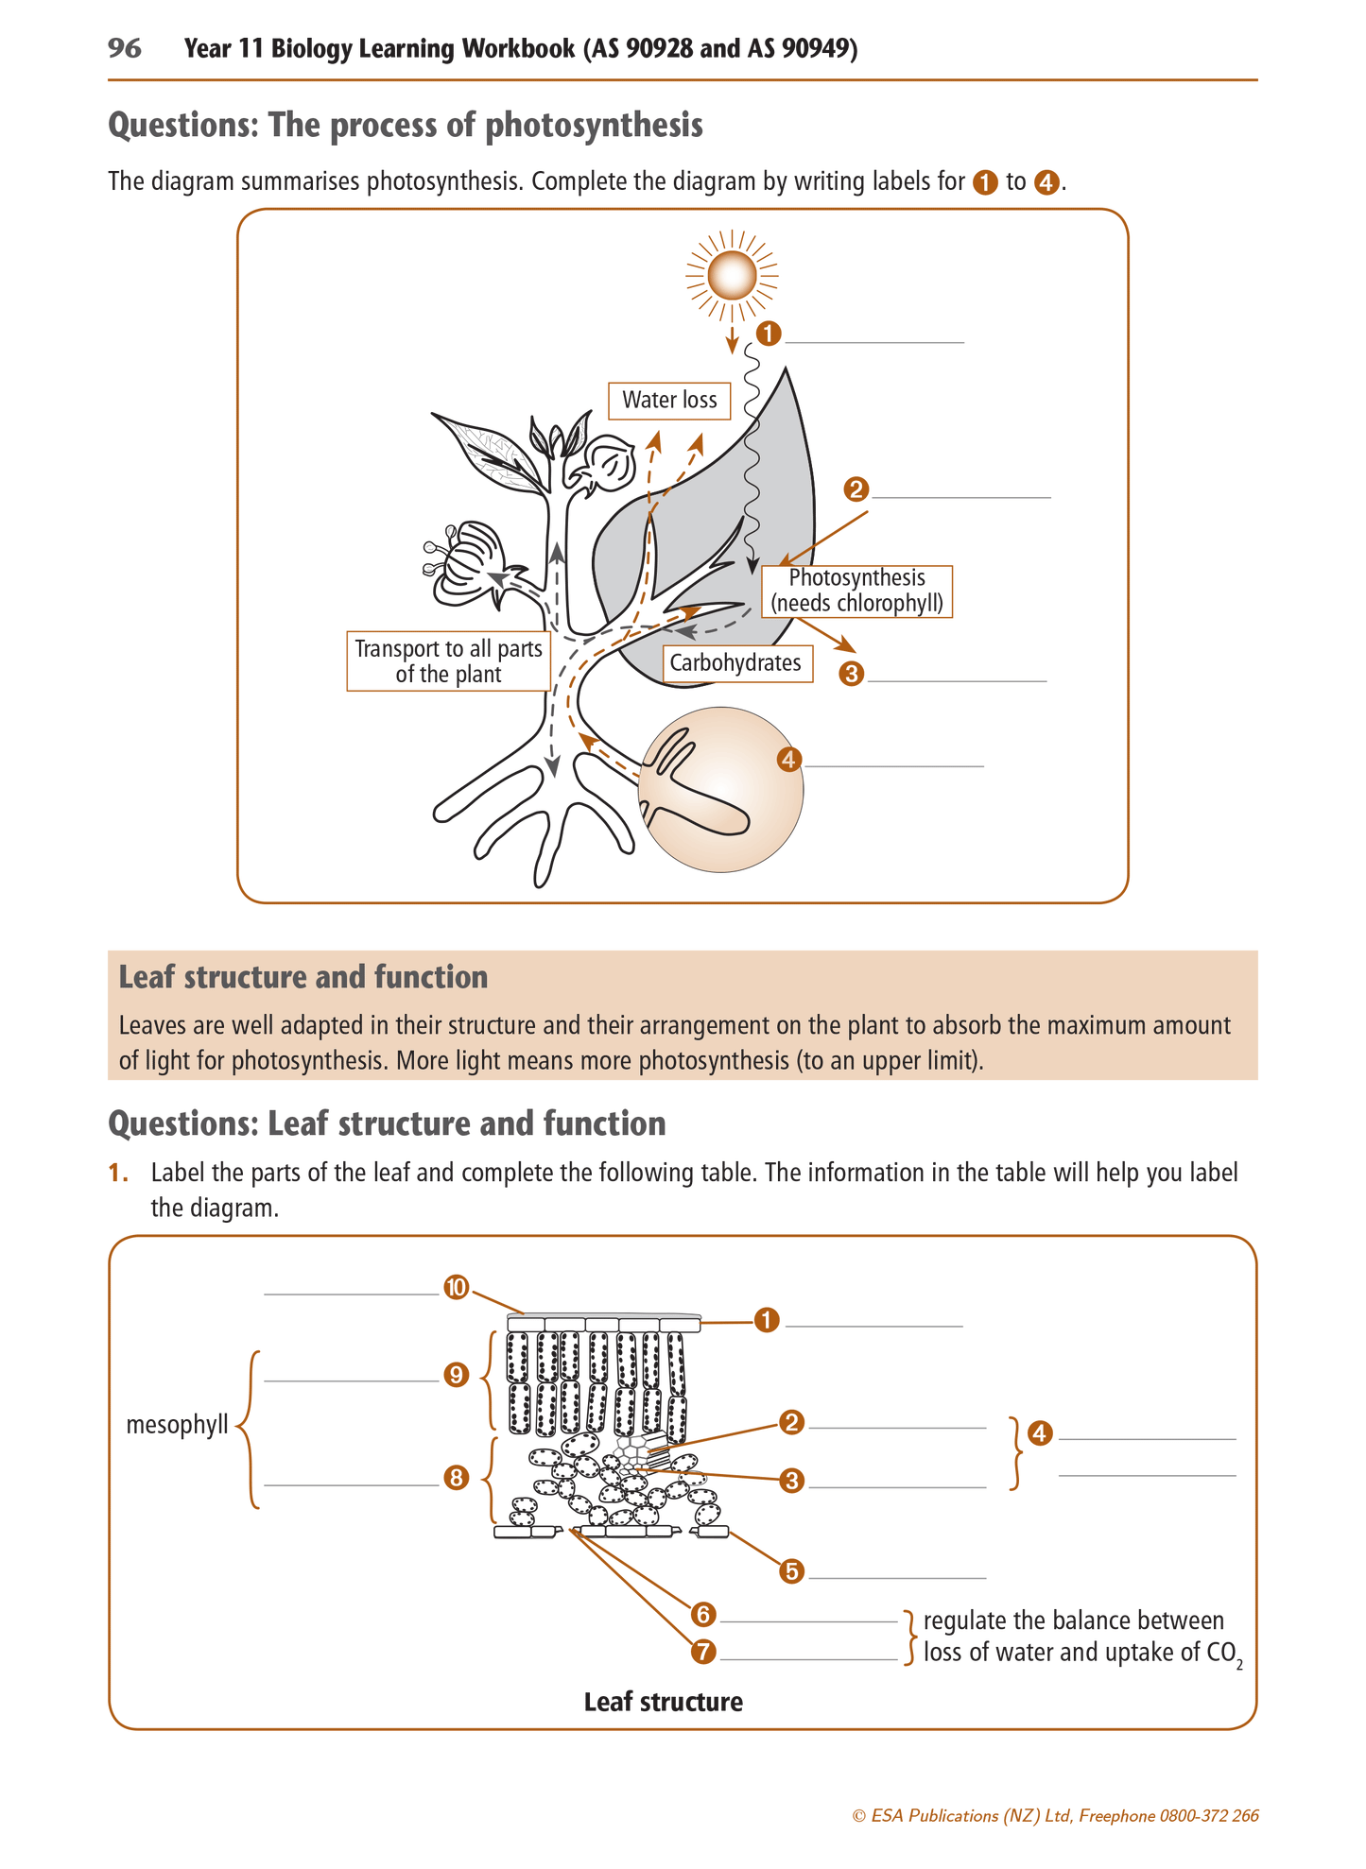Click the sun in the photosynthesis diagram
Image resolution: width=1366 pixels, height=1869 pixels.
(x=731, y=276)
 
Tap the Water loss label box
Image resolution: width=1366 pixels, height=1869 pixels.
(x=669, y=400)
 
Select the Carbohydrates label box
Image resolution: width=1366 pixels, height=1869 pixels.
(x=735, y=663)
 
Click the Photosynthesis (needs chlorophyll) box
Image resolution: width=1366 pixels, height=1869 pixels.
(x=856, y=591)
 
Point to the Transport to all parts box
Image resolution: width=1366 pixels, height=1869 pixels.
(x=448, y=661)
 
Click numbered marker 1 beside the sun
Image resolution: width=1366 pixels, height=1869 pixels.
(x=769, y=334)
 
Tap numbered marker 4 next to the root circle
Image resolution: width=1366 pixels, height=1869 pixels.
(x=789, y=760)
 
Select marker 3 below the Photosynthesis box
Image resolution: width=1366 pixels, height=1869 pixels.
(x=851, y=674)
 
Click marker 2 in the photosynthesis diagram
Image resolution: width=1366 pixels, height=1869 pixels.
(x=856, y=489)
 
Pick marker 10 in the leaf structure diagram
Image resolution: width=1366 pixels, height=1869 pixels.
(x=456, y=1287)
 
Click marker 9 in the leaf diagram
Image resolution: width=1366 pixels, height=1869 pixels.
(x=456, y=1375)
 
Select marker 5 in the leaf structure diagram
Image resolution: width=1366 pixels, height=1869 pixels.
(x=792, y=1571)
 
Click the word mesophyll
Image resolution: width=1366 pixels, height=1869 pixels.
(x=177, y=1425)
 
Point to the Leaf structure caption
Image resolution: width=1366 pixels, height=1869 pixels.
(x=663, y=1703)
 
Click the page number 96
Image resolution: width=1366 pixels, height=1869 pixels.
(x=125, y=48)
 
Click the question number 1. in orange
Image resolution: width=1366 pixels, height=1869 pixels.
(x=118, y=1173)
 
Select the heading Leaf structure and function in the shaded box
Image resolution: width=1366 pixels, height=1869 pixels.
(x=303, y=977)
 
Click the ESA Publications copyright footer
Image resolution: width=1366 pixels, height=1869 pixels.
(x=1055, y=1816)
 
